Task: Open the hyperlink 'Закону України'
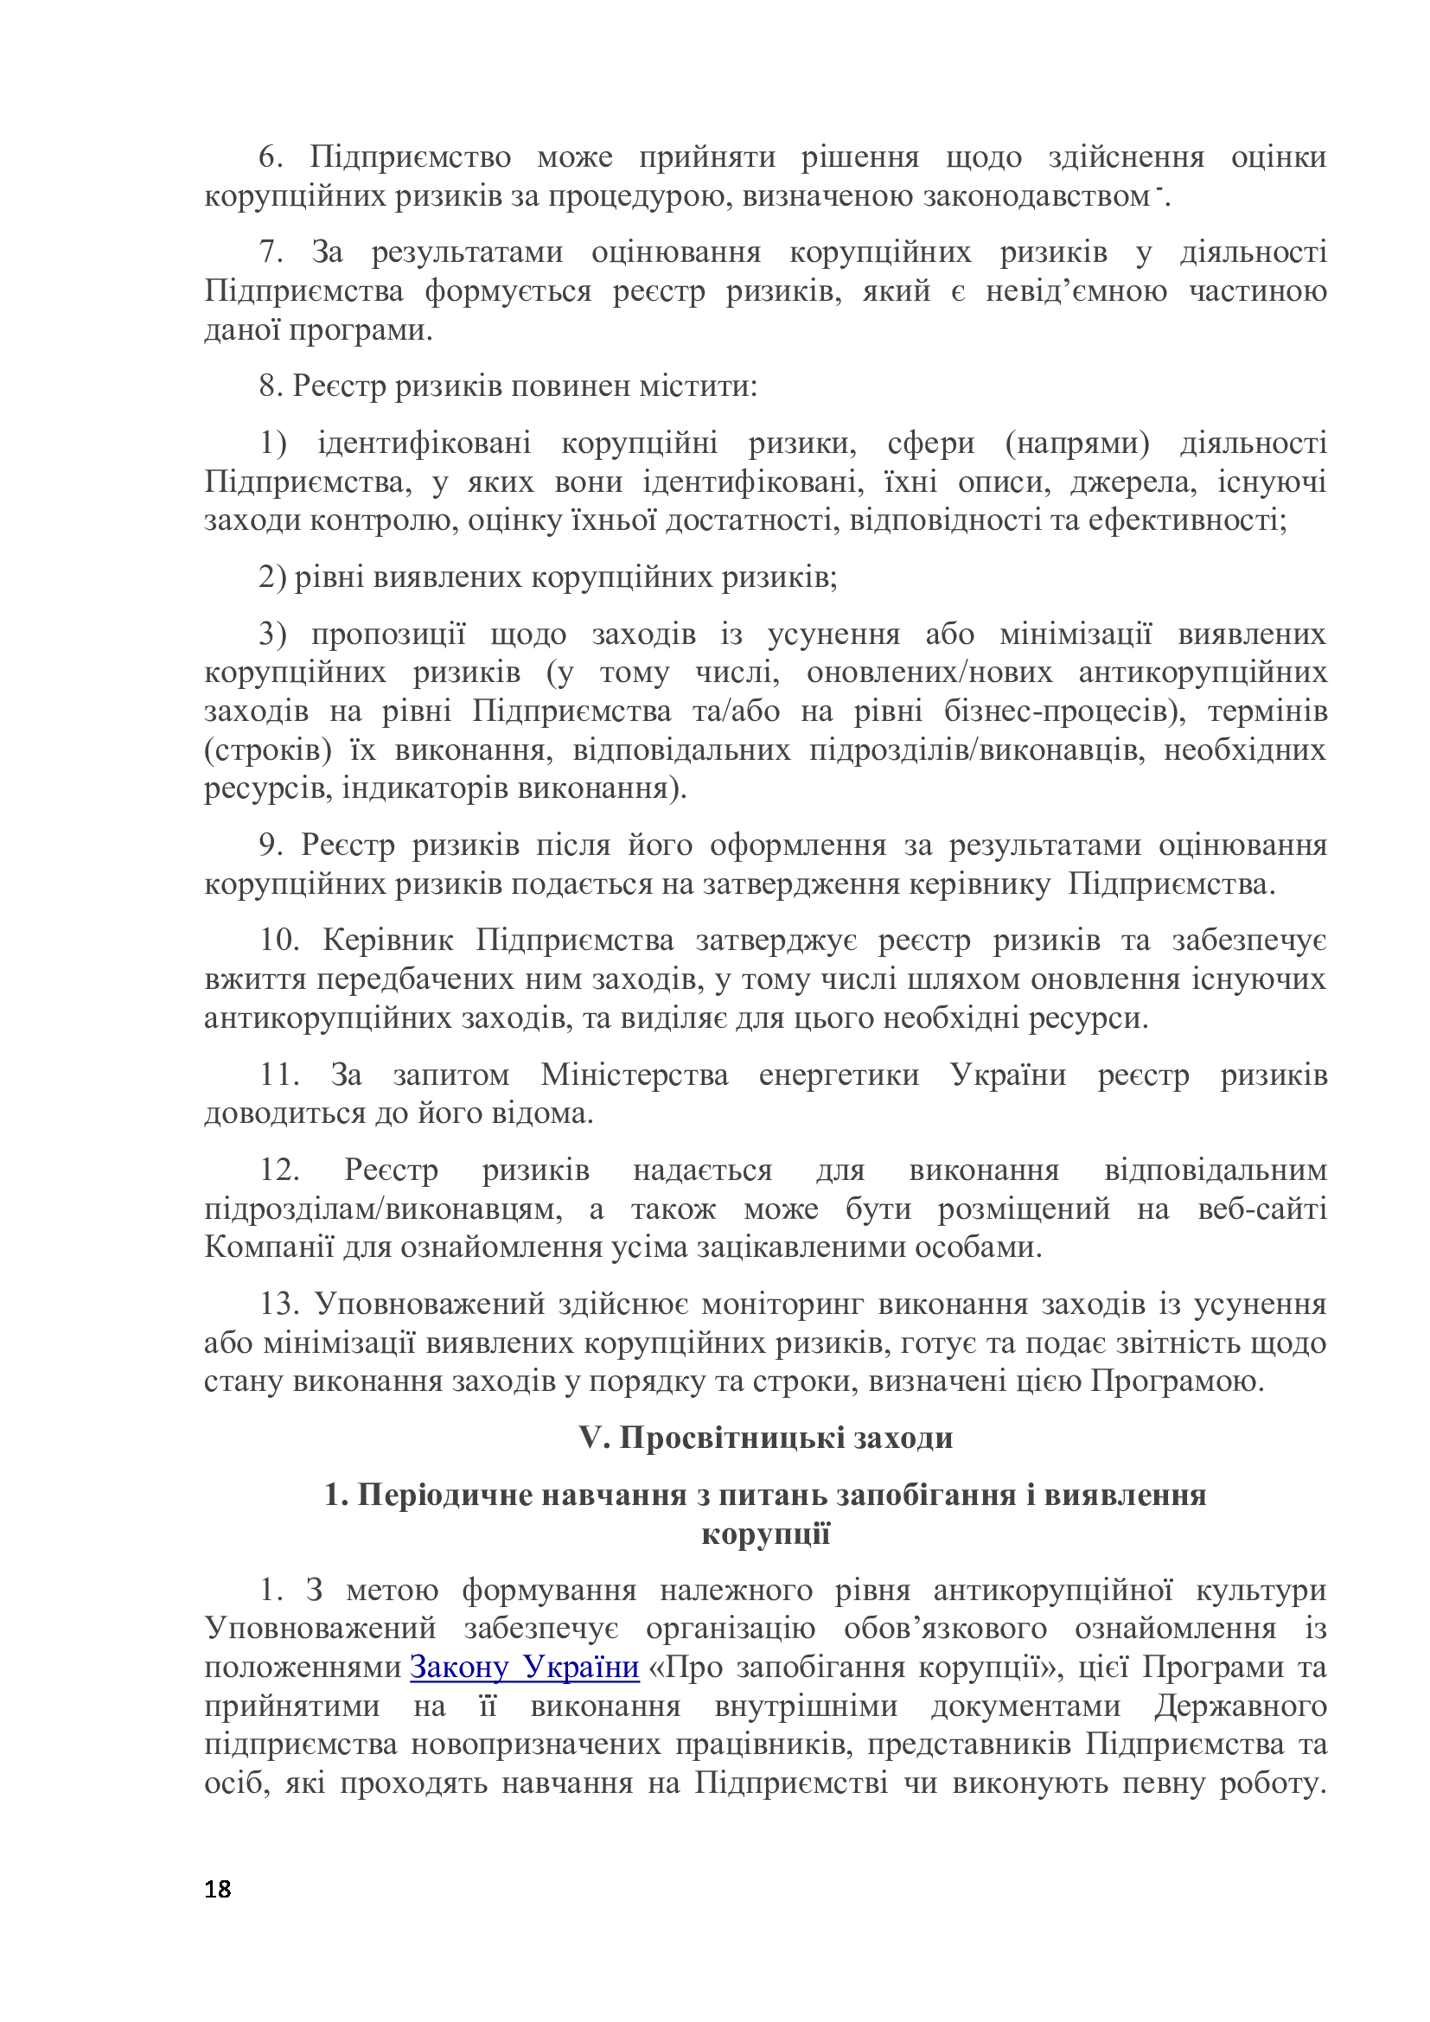525,1668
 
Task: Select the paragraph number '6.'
271,157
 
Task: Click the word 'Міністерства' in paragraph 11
634,1075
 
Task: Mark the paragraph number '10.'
280,941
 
